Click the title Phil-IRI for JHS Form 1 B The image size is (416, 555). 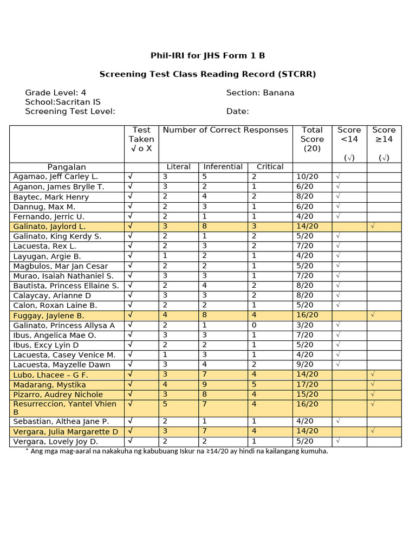pos(207,56)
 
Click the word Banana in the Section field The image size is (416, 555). pos(278,93)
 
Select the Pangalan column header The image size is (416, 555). pos(67,167)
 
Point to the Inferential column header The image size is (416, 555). pos(224,167)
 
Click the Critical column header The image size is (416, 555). pos(270,167)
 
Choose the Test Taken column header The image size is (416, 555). pos(141,139)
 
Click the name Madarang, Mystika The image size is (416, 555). pos(49,385)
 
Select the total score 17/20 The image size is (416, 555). pos(307,385)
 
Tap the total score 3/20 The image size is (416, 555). pos(305,325)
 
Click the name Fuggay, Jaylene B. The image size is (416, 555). pos(49,315)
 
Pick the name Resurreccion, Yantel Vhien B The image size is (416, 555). pos(64,408)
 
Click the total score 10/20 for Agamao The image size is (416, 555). pos(307,177)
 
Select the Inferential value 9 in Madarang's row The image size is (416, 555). pos(205,385)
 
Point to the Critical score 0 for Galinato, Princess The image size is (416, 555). pos(254,325)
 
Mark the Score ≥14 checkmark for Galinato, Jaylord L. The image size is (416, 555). pos(372,227)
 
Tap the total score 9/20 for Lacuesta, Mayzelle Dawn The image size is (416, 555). pos(305,365)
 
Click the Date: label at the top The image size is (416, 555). pos(237,112)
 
